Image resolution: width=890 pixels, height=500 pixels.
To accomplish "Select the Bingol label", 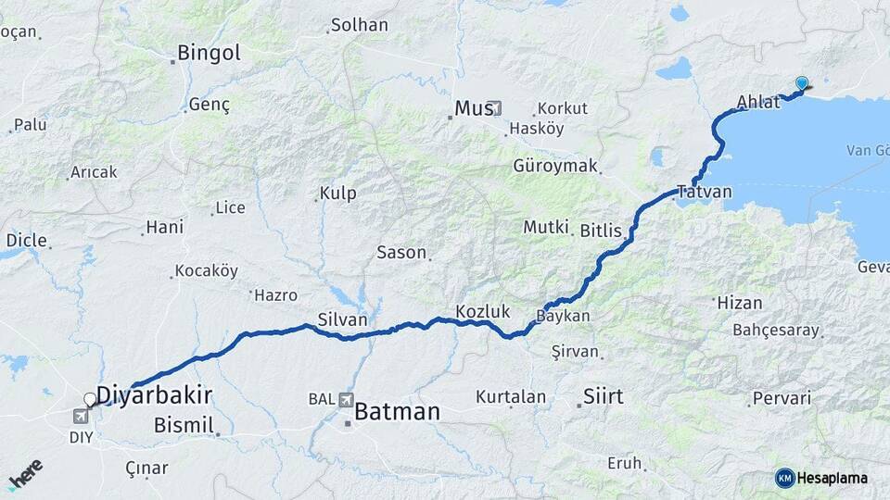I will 209,53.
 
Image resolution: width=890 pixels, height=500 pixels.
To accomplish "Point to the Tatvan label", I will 705,193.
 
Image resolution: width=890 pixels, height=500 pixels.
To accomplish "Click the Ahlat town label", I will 757,102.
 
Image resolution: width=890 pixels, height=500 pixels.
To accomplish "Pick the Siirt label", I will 603,397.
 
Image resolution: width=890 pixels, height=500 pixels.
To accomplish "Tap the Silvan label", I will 343,319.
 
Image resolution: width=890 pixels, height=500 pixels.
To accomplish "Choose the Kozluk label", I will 483,311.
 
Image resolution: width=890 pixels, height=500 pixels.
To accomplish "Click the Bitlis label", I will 601,230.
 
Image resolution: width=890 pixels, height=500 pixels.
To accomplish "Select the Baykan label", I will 564,316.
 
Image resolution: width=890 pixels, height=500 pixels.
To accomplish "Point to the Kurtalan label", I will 511,397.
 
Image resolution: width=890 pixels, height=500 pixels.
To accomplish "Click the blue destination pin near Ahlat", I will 802,83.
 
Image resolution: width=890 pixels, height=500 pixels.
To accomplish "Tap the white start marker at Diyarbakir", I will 90,400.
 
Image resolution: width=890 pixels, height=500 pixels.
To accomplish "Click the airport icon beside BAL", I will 346,400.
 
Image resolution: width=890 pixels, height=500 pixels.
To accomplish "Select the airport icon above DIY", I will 81,417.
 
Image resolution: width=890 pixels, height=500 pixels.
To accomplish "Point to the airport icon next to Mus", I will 494,108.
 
